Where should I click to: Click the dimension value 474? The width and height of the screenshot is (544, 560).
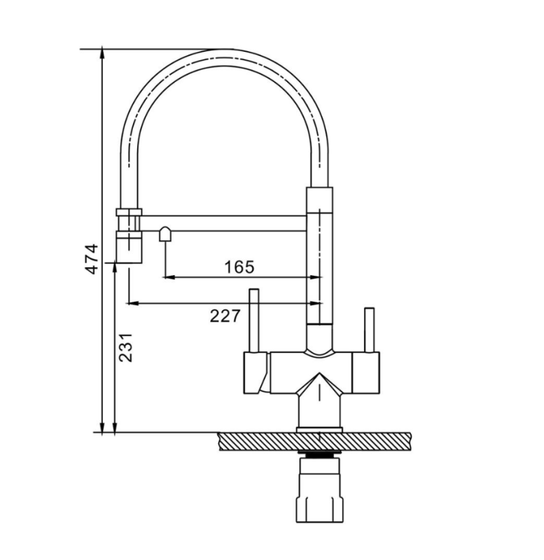click(92, 258)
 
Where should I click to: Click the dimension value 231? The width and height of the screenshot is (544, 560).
click(126, 347)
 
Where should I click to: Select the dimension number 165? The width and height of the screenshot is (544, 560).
click(239, 267)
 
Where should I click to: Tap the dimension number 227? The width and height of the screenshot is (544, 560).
click(225, 316)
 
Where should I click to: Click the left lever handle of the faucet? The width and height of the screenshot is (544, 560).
click(254, 321)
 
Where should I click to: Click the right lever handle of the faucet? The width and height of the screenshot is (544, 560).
click(369, 330)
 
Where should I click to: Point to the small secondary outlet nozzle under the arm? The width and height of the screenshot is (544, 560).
click(165, 234)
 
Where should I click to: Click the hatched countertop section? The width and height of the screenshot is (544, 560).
click(314, 441)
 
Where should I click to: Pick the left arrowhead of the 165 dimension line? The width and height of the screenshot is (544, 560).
click(169, 276)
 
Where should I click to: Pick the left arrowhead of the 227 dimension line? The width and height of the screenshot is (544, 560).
click(132, 303)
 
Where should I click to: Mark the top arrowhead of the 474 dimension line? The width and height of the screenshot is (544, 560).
click(102, 55)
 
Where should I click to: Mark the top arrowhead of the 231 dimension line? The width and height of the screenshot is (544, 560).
click(115, 269)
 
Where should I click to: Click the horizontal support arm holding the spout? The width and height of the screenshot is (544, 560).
click(224, 223)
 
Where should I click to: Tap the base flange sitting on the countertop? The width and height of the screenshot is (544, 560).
click(319, 430)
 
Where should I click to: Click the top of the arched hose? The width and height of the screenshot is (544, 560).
click(224, 57)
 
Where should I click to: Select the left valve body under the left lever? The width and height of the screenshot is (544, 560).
click(256, 373)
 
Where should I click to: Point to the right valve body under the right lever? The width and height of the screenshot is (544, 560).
click(365, 373)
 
